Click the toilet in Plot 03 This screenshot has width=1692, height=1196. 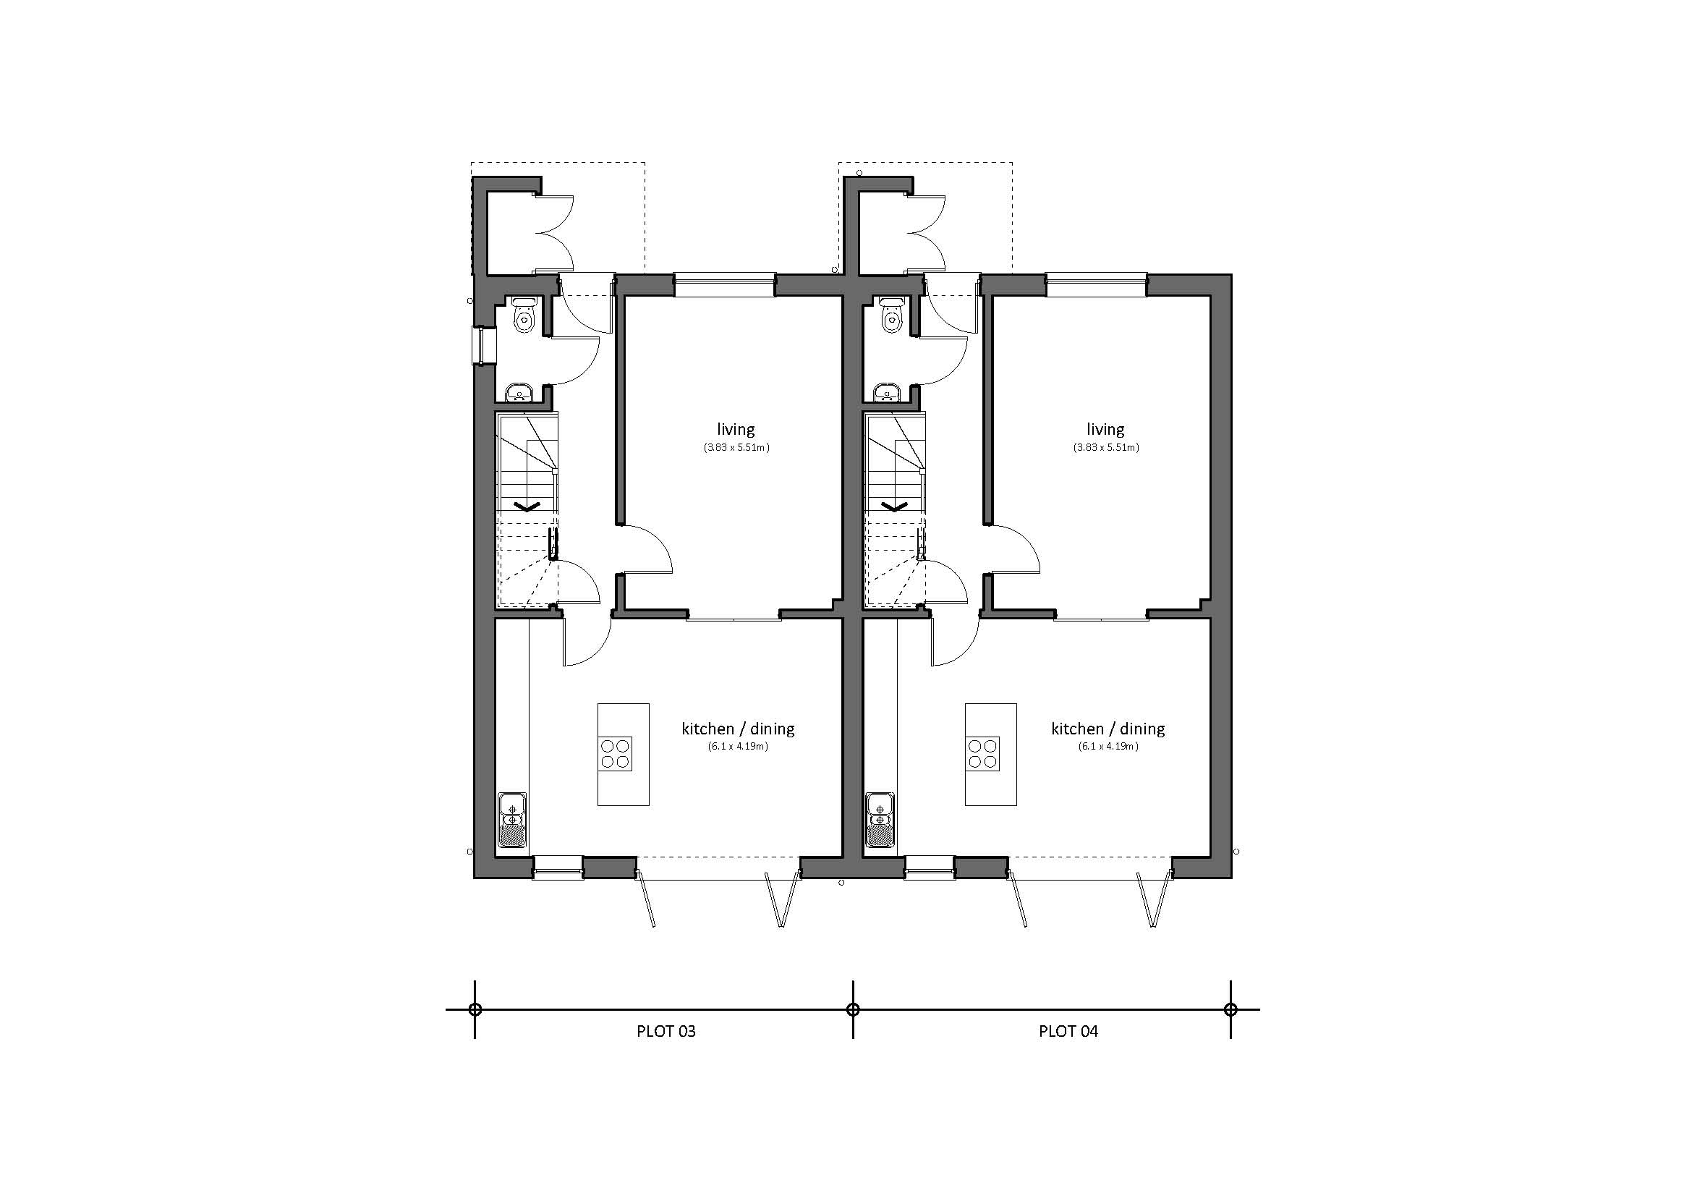click(524, 315)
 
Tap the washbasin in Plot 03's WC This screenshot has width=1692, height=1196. click(521, 393)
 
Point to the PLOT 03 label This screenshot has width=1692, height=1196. click(666, 1032)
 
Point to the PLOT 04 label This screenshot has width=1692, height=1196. click(1068, 1032)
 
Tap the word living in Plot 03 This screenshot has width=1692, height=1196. click(736, 429)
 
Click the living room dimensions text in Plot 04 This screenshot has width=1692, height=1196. click(1105, 447)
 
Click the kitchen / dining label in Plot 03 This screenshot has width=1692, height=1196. click(738, 729)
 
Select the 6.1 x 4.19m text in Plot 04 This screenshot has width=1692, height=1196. click(1108, 747)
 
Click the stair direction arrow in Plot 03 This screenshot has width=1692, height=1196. click(527, 506)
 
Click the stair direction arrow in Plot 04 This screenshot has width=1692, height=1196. click(896, 506)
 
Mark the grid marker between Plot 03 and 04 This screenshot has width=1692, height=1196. click(853, 1009)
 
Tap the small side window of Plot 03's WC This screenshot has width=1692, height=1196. click(480, 346)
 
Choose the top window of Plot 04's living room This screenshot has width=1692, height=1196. click(1096, 285)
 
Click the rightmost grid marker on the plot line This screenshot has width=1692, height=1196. click(1230, 1009)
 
